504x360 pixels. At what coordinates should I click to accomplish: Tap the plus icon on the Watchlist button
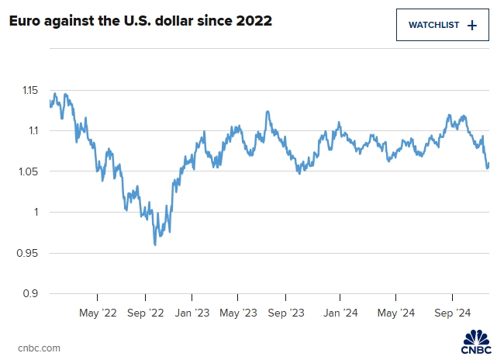472,25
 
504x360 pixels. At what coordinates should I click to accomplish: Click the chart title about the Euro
140,21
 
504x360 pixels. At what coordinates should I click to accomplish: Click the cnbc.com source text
39,348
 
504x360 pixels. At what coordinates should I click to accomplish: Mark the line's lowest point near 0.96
155,244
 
